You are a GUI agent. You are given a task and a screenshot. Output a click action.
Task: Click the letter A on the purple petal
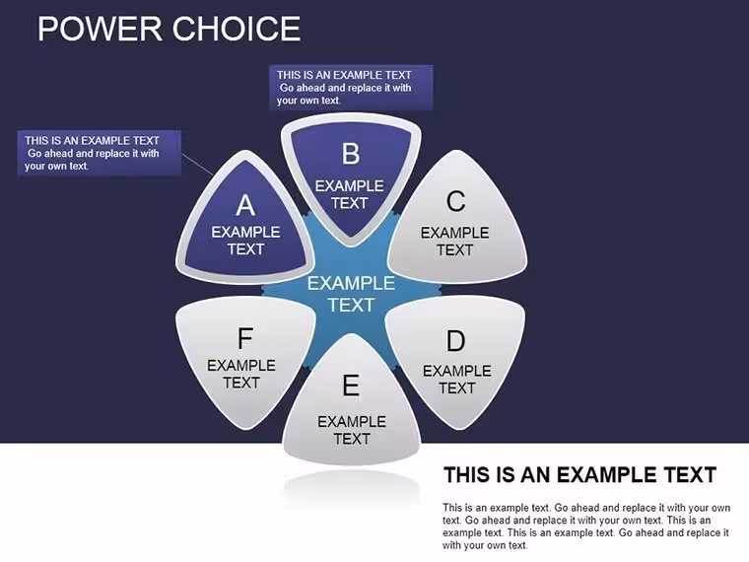pyautogui.click(x=245, y=205)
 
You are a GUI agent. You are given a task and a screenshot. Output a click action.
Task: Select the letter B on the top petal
pyautogui.click(x=351, y=155)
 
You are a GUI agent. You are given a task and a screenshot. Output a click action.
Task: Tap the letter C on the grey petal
pyautogui.click(x=455, y=201)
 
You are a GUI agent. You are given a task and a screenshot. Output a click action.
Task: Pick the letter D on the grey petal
pyautogui.click(x=455, y=341)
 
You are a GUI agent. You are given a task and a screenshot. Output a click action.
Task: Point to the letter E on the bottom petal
pyautogui.click(x=351, y=386)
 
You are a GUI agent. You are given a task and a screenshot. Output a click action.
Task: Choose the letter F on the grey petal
pyautogui.click(x=245, y=339)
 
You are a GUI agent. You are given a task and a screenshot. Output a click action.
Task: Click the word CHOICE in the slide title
pyautogui.click(x=237, y=29)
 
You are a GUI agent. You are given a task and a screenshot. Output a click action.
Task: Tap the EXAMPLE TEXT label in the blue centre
pyautogui.click(x=351, y=294)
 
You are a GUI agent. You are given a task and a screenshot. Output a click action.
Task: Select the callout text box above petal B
pyautogui.click(x=351, y=88)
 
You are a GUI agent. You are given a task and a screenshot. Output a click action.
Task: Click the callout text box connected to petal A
pyautogui.click(x=100, y=154)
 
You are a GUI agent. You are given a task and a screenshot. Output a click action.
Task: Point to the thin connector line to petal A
pyautogui.click(x=198, y=164)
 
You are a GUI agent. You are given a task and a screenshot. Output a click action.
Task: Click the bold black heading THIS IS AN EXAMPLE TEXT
pyautogui.click(x=579, y=475)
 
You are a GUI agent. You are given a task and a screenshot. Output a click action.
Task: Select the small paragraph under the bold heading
pyautogui.click(x=586, y=527)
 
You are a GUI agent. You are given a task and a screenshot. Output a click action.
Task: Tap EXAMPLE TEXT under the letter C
pyautogui.click(x=454, y=242)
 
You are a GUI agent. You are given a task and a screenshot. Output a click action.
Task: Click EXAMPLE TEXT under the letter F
pyautogui.click(x=241, y=375)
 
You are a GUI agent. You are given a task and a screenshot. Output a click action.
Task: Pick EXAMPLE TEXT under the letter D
pyautogui.click(x=457, y=380)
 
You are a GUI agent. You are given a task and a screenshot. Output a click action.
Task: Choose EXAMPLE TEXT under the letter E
pyautogui.click(x=352, y=430)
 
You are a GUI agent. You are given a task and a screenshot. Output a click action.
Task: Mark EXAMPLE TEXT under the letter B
pyautogui.click(x=349, y=194)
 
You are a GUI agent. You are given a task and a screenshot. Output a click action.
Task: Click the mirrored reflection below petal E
pyautogui.click(x=352, y=487)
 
